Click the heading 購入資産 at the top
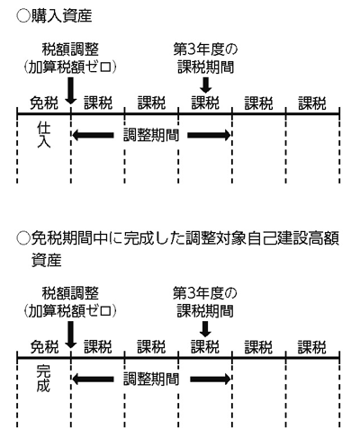[x=62, y=16]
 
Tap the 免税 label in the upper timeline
[x=44, y=103]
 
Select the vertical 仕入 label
[x=44, y=135]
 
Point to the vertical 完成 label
[x=44, y=379]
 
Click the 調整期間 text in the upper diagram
[x=151, y=136]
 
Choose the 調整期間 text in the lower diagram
[x=151, y=380]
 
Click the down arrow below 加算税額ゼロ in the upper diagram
[x=71, y=91]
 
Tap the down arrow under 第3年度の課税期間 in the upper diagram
[x=205, y=85]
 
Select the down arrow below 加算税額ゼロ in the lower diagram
[x=71, y=335]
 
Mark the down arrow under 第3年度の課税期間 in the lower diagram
[x=205, y=329]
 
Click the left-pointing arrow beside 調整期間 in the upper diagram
[x=93, y=135]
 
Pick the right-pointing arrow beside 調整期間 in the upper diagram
[x=209, y=135]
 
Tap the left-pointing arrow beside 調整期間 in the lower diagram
[x=93, y=380]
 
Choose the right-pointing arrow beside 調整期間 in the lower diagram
[x=211, y=380]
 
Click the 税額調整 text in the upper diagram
[x=70, y=49]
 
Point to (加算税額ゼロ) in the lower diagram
[x=70, y=311]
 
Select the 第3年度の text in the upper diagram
[x=205, y=49]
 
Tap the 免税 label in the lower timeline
[x=44, y=347]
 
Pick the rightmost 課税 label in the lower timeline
[x=312, y=347]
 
